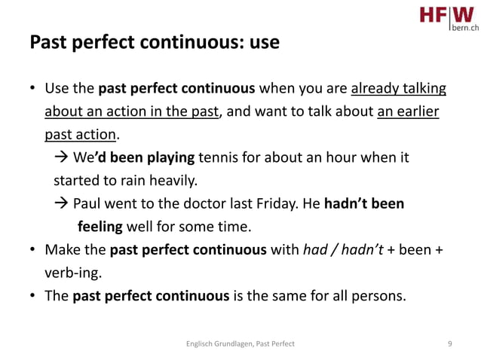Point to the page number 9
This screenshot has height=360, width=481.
click(449, 343)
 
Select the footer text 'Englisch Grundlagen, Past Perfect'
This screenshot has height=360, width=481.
click(240, 343)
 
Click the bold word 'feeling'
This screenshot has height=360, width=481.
click(101, 226)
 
